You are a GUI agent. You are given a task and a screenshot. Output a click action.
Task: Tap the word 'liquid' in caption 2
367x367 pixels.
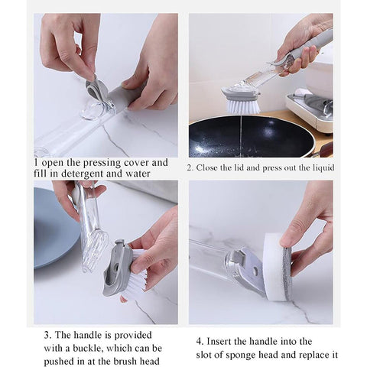click(x=320, y=168)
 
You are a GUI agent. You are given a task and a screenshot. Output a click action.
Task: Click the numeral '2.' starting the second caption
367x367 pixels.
click(x=191, y=168)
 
